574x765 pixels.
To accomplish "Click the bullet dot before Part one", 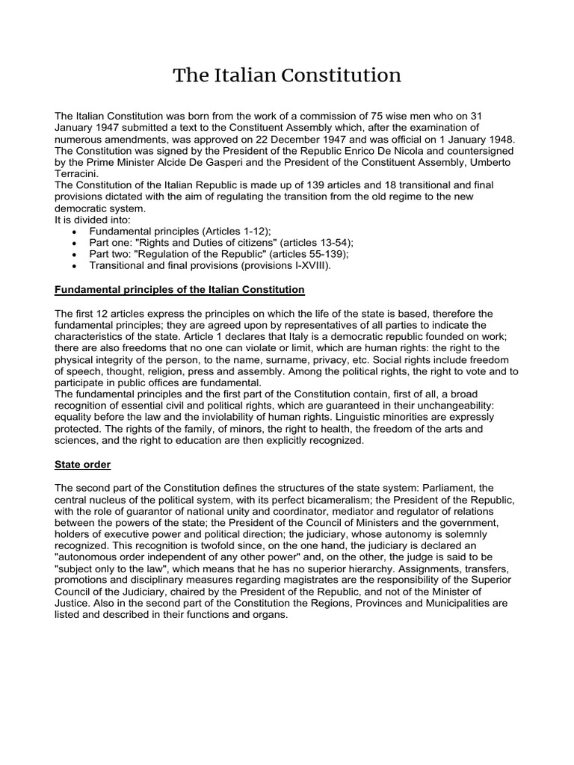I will point(72,244).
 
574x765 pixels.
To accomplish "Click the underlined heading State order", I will point(83,465).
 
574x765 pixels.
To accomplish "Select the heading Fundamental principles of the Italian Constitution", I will point(180,289).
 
